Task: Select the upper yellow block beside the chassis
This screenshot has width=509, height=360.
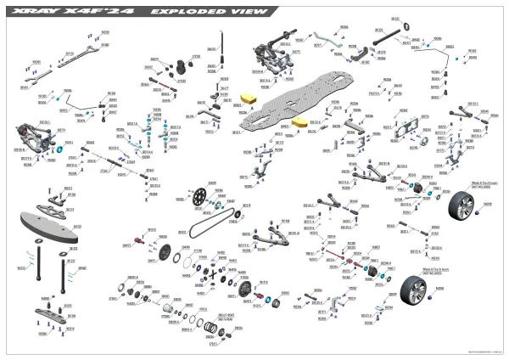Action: (x=249, y=99)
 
